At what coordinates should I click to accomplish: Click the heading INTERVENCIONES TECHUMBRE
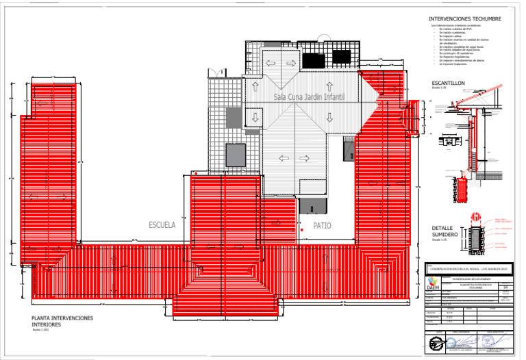tap(465, 18)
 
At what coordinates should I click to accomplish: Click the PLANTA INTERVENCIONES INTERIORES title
tap(62, 322)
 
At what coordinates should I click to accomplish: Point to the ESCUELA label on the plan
tap(162, 224)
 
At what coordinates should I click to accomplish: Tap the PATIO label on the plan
tap(323, 225)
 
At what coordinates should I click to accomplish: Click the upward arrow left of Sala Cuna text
tap(255, 87)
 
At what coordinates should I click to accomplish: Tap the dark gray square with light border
tap(236, 154)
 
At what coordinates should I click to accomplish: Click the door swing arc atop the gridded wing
tap(216, 71)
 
